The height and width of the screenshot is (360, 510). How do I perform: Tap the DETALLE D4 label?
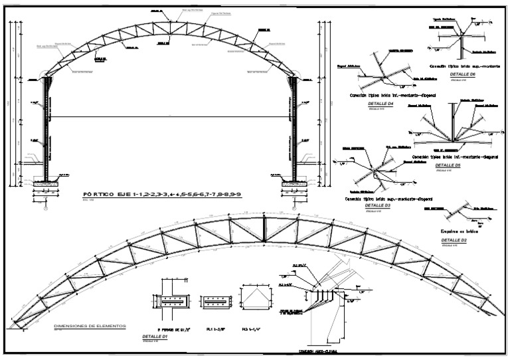(x=382, y=104)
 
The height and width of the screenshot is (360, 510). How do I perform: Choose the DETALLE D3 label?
(x=378, y=206)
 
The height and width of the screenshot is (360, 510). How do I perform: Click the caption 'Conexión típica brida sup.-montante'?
(x=460, y=67)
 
